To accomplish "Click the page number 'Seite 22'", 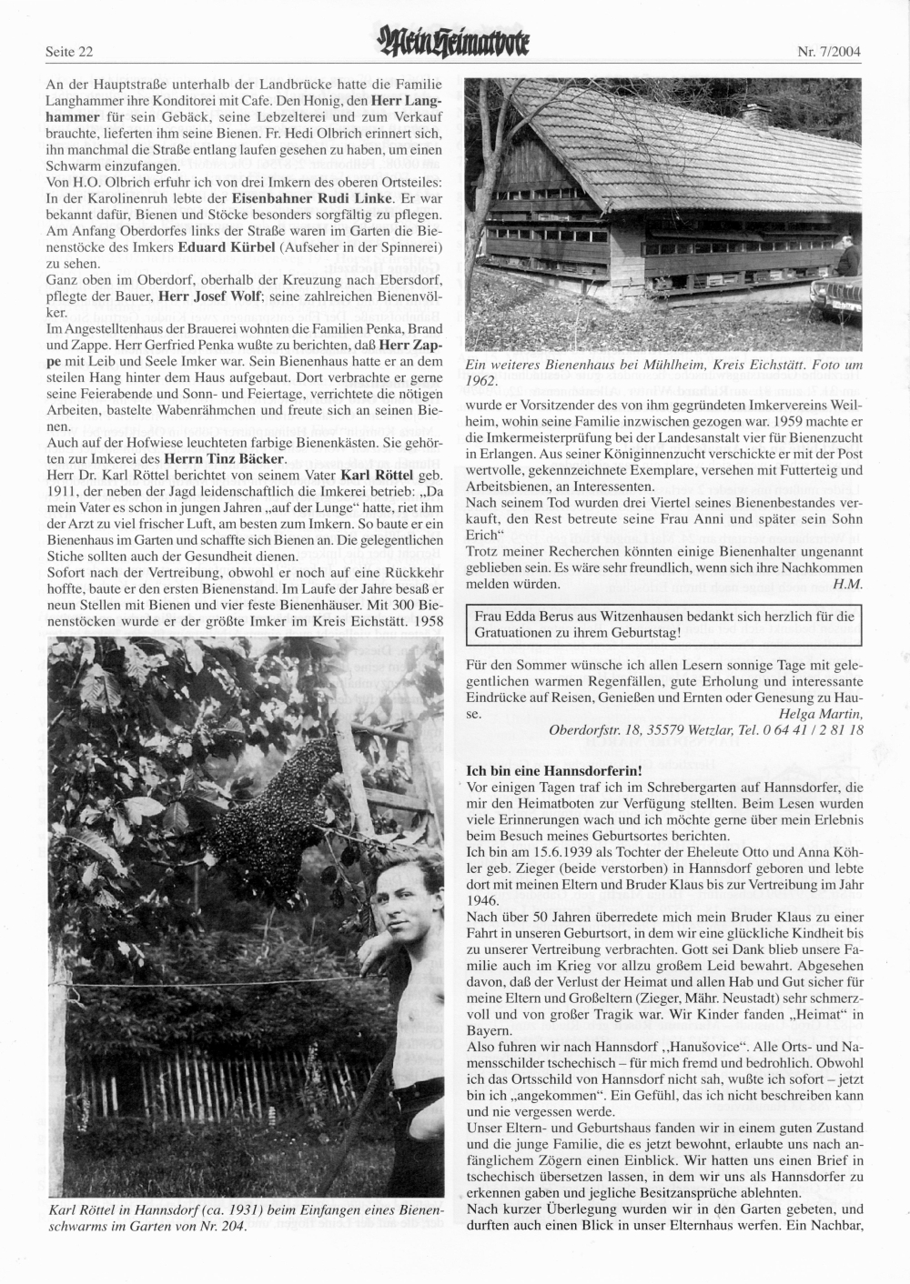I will [x=69, y=51].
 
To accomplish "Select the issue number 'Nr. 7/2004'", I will [x=829, y=51].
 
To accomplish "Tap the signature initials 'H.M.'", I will [x=848, y=583].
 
